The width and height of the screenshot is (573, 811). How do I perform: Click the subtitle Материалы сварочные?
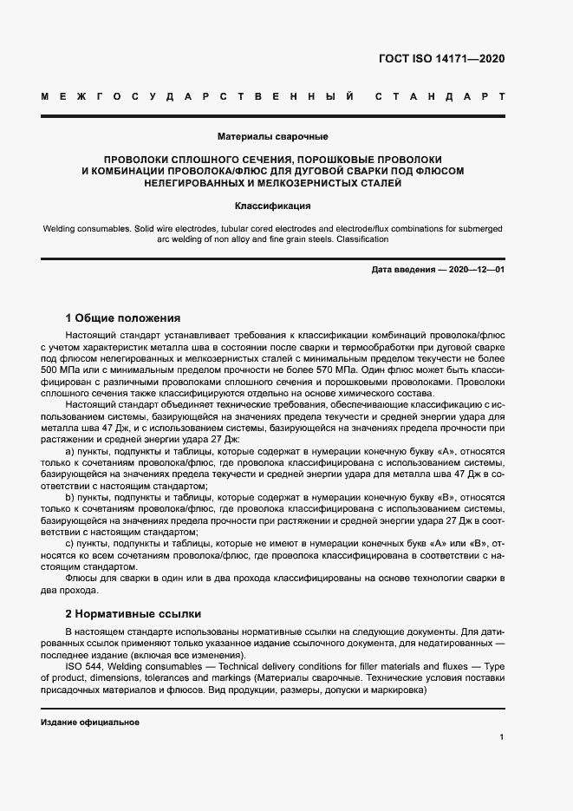(272, 136)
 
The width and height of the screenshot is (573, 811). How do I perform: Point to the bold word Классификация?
(272, 206)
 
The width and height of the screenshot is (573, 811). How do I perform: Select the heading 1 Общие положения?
(123, 317)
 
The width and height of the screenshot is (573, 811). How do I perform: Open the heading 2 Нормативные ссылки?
(133, 612)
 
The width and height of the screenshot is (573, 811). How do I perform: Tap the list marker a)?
(70, 451)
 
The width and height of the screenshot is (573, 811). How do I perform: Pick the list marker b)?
(70, 498)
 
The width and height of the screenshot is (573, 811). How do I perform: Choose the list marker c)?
(70, 544)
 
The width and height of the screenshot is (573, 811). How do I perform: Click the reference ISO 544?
(82, 665)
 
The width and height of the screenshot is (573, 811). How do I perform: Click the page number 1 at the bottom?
(502, 736)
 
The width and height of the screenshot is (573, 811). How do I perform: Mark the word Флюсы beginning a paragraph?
(82, 579)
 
